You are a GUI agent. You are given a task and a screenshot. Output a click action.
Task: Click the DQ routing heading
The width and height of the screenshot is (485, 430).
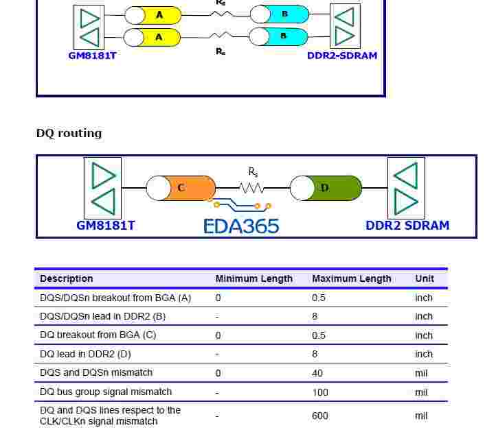pyautogui.click(x=69, y=133)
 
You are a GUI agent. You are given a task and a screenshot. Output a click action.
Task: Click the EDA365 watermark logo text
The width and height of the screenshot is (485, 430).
pyautogui.click(x=241, y=226)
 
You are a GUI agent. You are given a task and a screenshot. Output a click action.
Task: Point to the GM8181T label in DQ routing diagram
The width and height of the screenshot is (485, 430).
pyautogui.click(x=106, y=225)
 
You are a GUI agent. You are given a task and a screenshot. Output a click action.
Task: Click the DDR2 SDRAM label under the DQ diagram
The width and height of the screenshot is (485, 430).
pyautogui.click(x=407, y=225)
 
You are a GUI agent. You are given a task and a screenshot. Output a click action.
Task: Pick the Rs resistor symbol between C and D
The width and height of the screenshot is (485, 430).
pyautogui.click(x=253, y=187)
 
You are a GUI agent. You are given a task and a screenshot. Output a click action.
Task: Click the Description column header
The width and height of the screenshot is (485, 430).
pyautogui.click(x=67, y=278)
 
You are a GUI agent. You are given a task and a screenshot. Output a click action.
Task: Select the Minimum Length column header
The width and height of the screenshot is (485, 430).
pyautogui.click(x=254, y=278)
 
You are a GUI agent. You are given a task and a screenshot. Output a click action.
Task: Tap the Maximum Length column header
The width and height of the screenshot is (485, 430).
pyautogui.click(x=352, y=278)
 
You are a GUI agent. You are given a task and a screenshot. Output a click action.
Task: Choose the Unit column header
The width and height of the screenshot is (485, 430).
pyautogui.click(x=425, y=278)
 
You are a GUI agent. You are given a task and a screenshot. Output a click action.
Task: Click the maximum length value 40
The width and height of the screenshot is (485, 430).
pyautogui.click(x=318, y=373)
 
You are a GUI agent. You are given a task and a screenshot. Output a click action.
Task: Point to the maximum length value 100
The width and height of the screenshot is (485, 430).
pyautogui.click(x=320, y=392)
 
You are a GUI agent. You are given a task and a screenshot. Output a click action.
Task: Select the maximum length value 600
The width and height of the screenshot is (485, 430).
pyautogui.click(x=320, y=416)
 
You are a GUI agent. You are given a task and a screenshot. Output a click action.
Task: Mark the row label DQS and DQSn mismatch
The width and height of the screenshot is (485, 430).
pyautogui.click(x=96, y=372)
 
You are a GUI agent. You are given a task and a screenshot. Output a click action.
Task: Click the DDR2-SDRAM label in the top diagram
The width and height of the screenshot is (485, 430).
pyautogui.click(x=342, y=56)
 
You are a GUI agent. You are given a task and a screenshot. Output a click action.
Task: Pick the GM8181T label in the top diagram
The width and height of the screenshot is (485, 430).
pyautogui.click(x=93, y=56)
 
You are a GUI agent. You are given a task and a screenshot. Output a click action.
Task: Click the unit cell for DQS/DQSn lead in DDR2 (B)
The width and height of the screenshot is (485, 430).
pyautogui.click(x=424, y=316)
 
